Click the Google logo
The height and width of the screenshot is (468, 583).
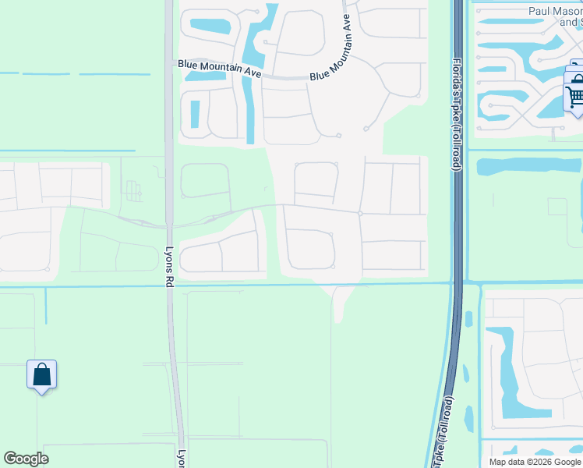coord(26,459)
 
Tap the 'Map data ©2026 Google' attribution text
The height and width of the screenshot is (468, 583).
coord(535,462)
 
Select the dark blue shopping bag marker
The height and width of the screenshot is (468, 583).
coord(41,375)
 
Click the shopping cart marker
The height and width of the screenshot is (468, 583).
coord(575,97)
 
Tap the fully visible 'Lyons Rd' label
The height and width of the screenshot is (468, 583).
coord(170,268)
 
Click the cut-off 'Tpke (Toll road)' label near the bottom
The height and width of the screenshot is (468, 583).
coord(441,428)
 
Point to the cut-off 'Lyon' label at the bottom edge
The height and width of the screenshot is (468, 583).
coord(181,459)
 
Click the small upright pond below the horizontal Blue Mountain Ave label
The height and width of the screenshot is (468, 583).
coord(195,114)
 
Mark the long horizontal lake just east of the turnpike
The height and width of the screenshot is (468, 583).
coord(529,166)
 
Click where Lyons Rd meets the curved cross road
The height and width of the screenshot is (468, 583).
coord(169,226)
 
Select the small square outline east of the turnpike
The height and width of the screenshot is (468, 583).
coord(557,207)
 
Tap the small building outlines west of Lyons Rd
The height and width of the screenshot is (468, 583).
coord(134,190)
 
